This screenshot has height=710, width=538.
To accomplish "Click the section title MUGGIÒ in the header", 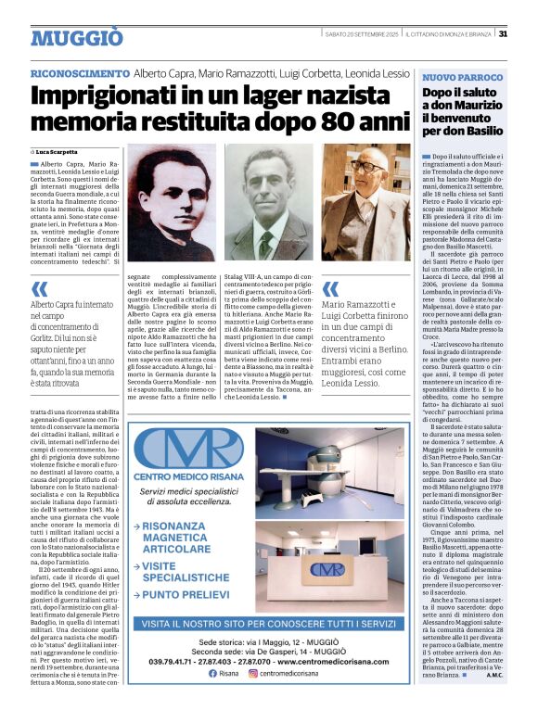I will (77, 38).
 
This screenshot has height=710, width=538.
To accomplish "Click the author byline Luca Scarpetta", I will (58, 151).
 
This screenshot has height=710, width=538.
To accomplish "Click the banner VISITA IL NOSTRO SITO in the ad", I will (270, 624).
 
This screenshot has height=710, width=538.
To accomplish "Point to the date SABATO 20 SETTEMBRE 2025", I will (362, 35).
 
